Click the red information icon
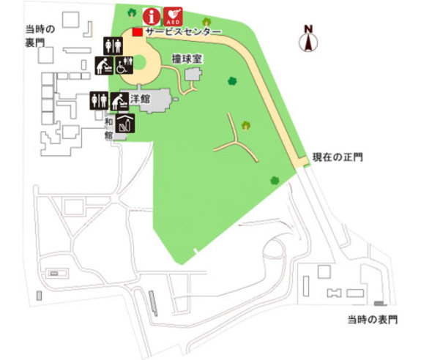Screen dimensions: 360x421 (x=150, y=15)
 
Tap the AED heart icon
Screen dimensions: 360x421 (x=173, y=15)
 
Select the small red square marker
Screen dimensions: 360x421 (x=136, y=32)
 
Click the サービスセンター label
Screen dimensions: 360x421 (x=182, y=33)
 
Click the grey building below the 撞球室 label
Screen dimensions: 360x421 (x=194, y=75)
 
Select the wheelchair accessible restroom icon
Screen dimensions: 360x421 (x=124, y=67)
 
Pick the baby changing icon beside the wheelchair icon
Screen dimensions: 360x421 (x=104, y=67)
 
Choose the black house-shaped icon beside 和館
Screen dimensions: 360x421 (x=124, y=124)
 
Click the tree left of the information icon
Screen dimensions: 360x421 (x=131, y=12)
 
